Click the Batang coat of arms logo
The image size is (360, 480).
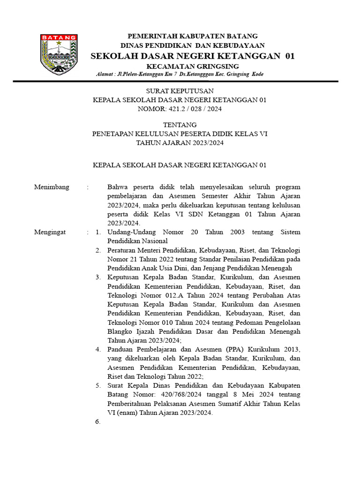(58, 54)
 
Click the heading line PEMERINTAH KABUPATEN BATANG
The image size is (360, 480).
(193, 36)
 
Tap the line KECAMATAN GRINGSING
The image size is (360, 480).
(193, 66)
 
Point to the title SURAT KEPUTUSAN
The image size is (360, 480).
(180, 91)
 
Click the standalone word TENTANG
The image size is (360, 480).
(180, 125)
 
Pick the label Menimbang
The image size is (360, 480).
(52, 187)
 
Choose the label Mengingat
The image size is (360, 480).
(50, 232)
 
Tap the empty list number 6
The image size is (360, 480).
(97, 422)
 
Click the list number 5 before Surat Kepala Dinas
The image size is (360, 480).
(97, 386)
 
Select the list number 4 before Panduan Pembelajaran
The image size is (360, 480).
(97, 349)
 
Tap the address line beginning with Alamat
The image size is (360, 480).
(180, 75)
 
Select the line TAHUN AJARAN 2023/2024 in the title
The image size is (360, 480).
(180, 143)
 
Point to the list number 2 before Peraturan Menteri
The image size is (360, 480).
(97, 250)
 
